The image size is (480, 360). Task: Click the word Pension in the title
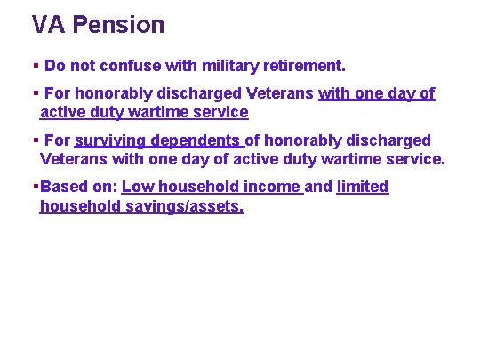point(118,25)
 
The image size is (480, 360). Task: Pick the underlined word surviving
point(111,140)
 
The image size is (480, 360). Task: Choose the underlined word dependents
point(196,140)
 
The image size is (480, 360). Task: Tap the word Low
point(138,187)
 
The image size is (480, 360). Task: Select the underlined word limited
point(363,187)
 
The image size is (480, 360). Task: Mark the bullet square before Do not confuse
point(35,66)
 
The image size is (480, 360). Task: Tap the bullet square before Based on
point(35,187)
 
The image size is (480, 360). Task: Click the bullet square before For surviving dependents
point(35,140)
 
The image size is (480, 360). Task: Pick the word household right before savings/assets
point(78,206)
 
